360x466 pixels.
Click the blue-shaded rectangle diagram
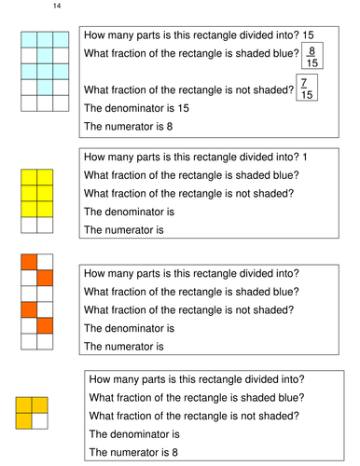click(x=40, y=71)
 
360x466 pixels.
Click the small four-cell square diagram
click(x=32, y=412)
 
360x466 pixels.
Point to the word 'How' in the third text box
click(x=96, y=273)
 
